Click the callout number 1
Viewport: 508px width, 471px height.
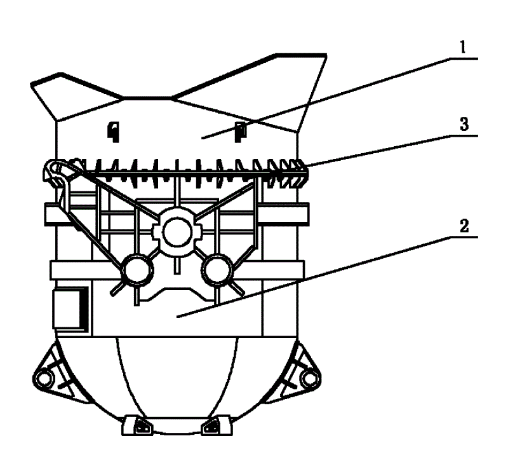click(x=463, y=48)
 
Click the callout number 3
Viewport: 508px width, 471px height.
click(x=464, y=124)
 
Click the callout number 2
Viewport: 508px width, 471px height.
click(x=464, y=226)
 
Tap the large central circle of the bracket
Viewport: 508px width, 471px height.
click(x=177, y=232)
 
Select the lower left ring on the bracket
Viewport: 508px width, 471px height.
click(x=137, y=271)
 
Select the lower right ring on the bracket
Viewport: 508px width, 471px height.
click(x=217, y=271)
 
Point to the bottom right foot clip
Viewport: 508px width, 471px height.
click(x=217, y=426)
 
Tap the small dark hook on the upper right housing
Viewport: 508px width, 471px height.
click(x=241, y=132)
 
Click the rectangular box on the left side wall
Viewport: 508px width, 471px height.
click(x=70, y=308)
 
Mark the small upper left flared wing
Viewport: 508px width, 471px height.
click(x=74, y=94)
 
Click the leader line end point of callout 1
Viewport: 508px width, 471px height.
click(x=202, y=139)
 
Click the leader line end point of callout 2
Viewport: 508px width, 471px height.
click(x=177, y=317)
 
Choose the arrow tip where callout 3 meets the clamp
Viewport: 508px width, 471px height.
click(x=305, y=167)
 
